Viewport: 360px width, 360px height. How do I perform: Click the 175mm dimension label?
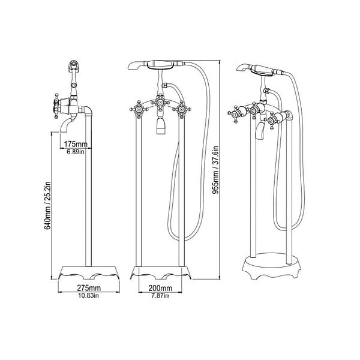tap(76, 144)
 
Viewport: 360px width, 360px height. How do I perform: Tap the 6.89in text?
tap(76, 152)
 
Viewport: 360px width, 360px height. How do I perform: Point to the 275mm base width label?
tap(89, 287)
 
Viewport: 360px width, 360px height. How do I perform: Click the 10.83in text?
tap(89, 295)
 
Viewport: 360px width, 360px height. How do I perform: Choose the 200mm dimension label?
tap(160, 288)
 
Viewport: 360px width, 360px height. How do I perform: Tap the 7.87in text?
tap(160, 295)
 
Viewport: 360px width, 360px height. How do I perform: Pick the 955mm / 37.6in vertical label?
tap(215, 170)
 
